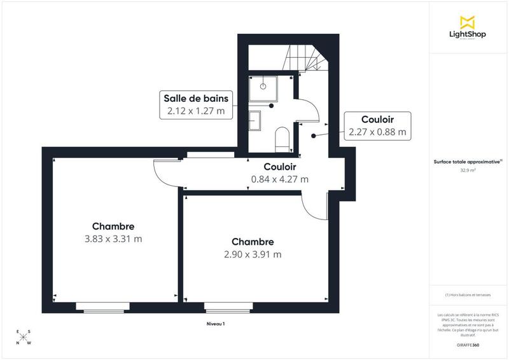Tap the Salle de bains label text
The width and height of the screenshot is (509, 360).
195,99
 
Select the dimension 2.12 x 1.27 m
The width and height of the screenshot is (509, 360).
195,111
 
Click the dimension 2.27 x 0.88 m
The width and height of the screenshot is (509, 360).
377,132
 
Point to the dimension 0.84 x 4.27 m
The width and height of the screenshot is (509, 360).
280,179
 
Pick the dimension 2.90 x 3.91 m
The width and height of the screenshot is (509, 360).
253,254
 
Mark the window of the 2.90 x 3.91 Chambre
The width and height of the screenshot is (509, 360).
228,308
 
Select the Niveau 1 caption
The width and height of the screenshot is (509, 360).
216,324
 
